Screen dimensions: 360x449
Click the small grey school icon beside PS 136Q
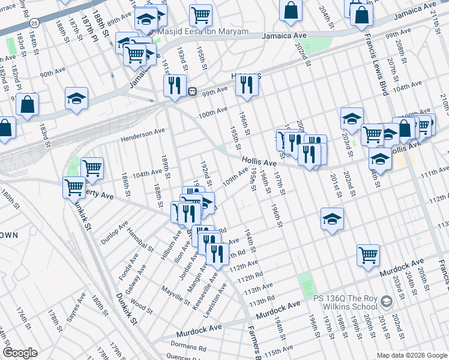387,299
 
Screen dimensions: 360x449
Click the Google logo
20,353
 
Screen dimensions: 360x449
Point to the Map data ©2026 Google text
412,355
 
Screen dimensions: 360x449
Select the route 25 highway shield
35,23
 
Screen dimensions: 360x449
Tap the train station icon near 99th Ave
193,92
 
